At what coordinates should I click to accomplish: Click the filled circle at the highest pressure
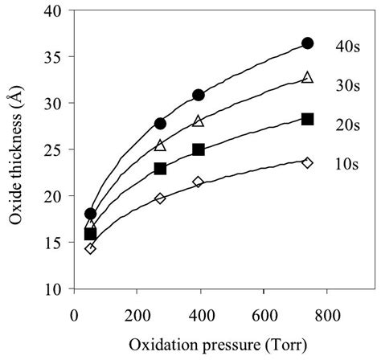[307, 43]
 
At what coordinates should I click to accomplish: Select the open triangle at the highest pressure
[307, 77]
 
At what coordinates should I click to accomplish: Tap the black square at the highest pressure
[307, 119]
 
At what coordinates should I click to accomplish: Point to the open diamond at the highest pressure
[307, 162]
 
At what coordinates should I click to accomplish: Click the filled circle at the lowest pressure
[90, 214]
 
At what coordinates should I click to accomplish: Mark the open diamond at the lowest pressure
[90, 248]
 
